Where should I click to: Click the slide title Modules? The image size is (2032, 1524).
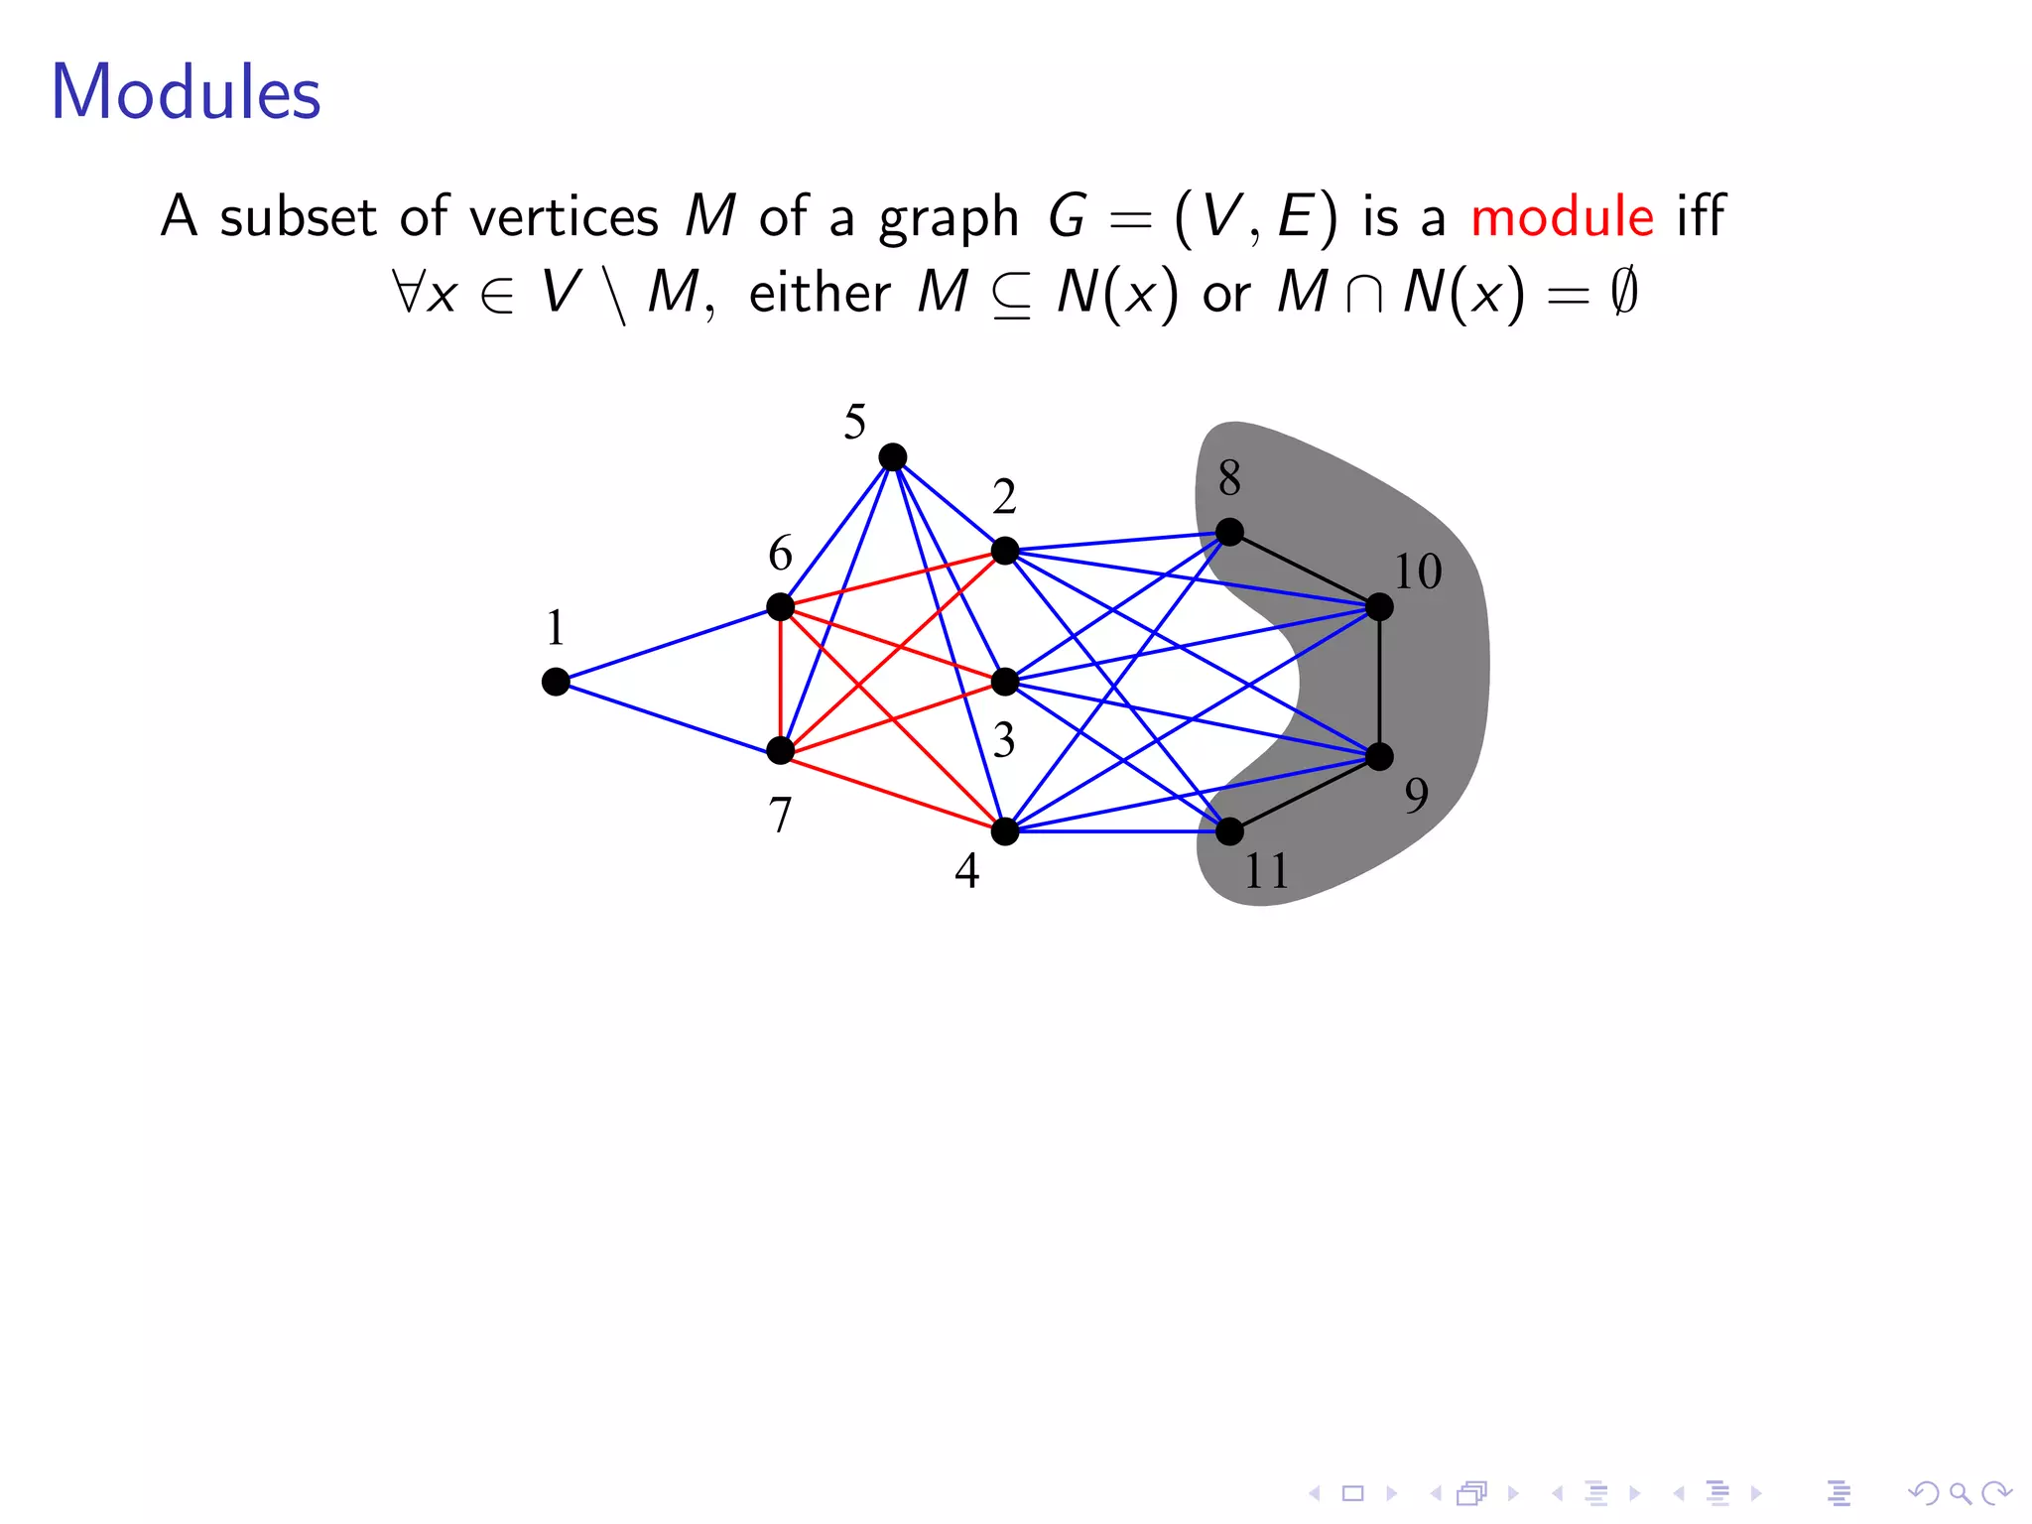point(186,92)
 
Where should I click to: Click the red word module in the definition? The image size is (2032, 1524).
point(1562,216)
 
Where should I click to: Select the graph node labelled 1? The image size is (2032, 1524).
point(556,682)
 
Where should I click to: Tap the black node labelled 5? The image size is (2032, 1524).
point(892,457)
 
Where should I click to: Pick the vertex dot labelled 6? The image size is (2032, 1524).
point(781,606)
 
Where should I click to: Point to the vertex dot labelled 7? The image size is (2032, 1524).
point(781,751)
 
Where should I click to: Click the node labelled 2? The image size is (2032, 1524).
point(1005,551)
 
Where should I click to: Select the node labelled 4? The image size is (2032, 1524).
point(1005,831)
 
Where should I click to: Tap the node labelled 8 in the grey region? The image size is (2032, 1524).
point(1229,532)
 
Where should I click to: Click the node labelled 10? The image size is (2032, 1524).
point(1379,606)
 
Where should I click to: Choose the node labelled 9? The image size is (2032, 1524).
point(1379,757)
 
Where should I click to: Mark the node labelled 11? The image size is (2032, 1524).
point(1229,831)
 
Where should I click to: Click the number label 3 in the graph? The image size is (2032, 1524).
point(1004,740)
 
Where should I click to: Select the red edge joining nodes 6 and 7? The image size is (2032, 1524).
point(781,679)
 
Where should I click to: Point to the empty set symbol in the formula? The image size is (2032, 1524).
point(1623,294)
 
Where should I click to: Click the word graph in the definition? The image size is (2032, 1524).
point(949,218)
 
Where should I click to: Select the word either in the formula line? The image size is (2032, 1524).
point(820,294)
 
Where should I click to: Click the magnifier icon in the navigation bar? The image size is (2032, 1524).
point(1957,1492)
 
